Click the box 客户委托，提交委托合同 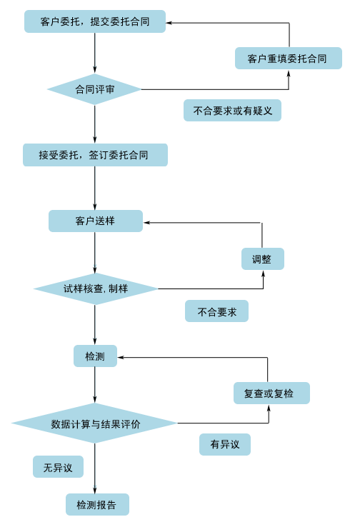click(x=95, y=21)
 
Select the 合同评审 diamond click(x=94, y=89)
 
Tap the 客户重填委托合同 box click(x=289, y=59)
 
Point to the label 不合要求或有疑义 click(x=232, y=110)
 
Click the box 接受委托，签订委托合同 click(x=95, y=155)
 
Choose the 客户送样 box click(x=96, y=221)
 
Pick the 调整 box click(x=263, y=259)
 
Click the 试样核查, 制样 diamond click(x=96, y=288)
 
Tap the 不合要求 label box click(x=216, y=311)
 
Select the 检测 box click(x=95, y=356)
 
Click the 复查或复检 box click(x=271, y=393)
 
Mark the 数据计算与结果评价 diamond click(x=94, y=423)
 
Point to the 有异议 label click(x=225, y=444)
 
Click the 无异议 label click(x=58, y=466)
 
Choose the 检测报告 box click(x=97, y=504)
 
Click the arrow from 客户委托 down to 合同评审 click(x=95, y=53)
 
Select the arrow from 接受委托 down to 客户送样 click(x=95, y=189)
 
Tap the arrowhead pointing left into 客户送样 click(x=146, y=223)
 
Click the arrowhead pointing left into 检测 click(x=121, y=357)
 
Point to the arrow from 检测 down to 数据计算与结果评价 click(x=95, y=385)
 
